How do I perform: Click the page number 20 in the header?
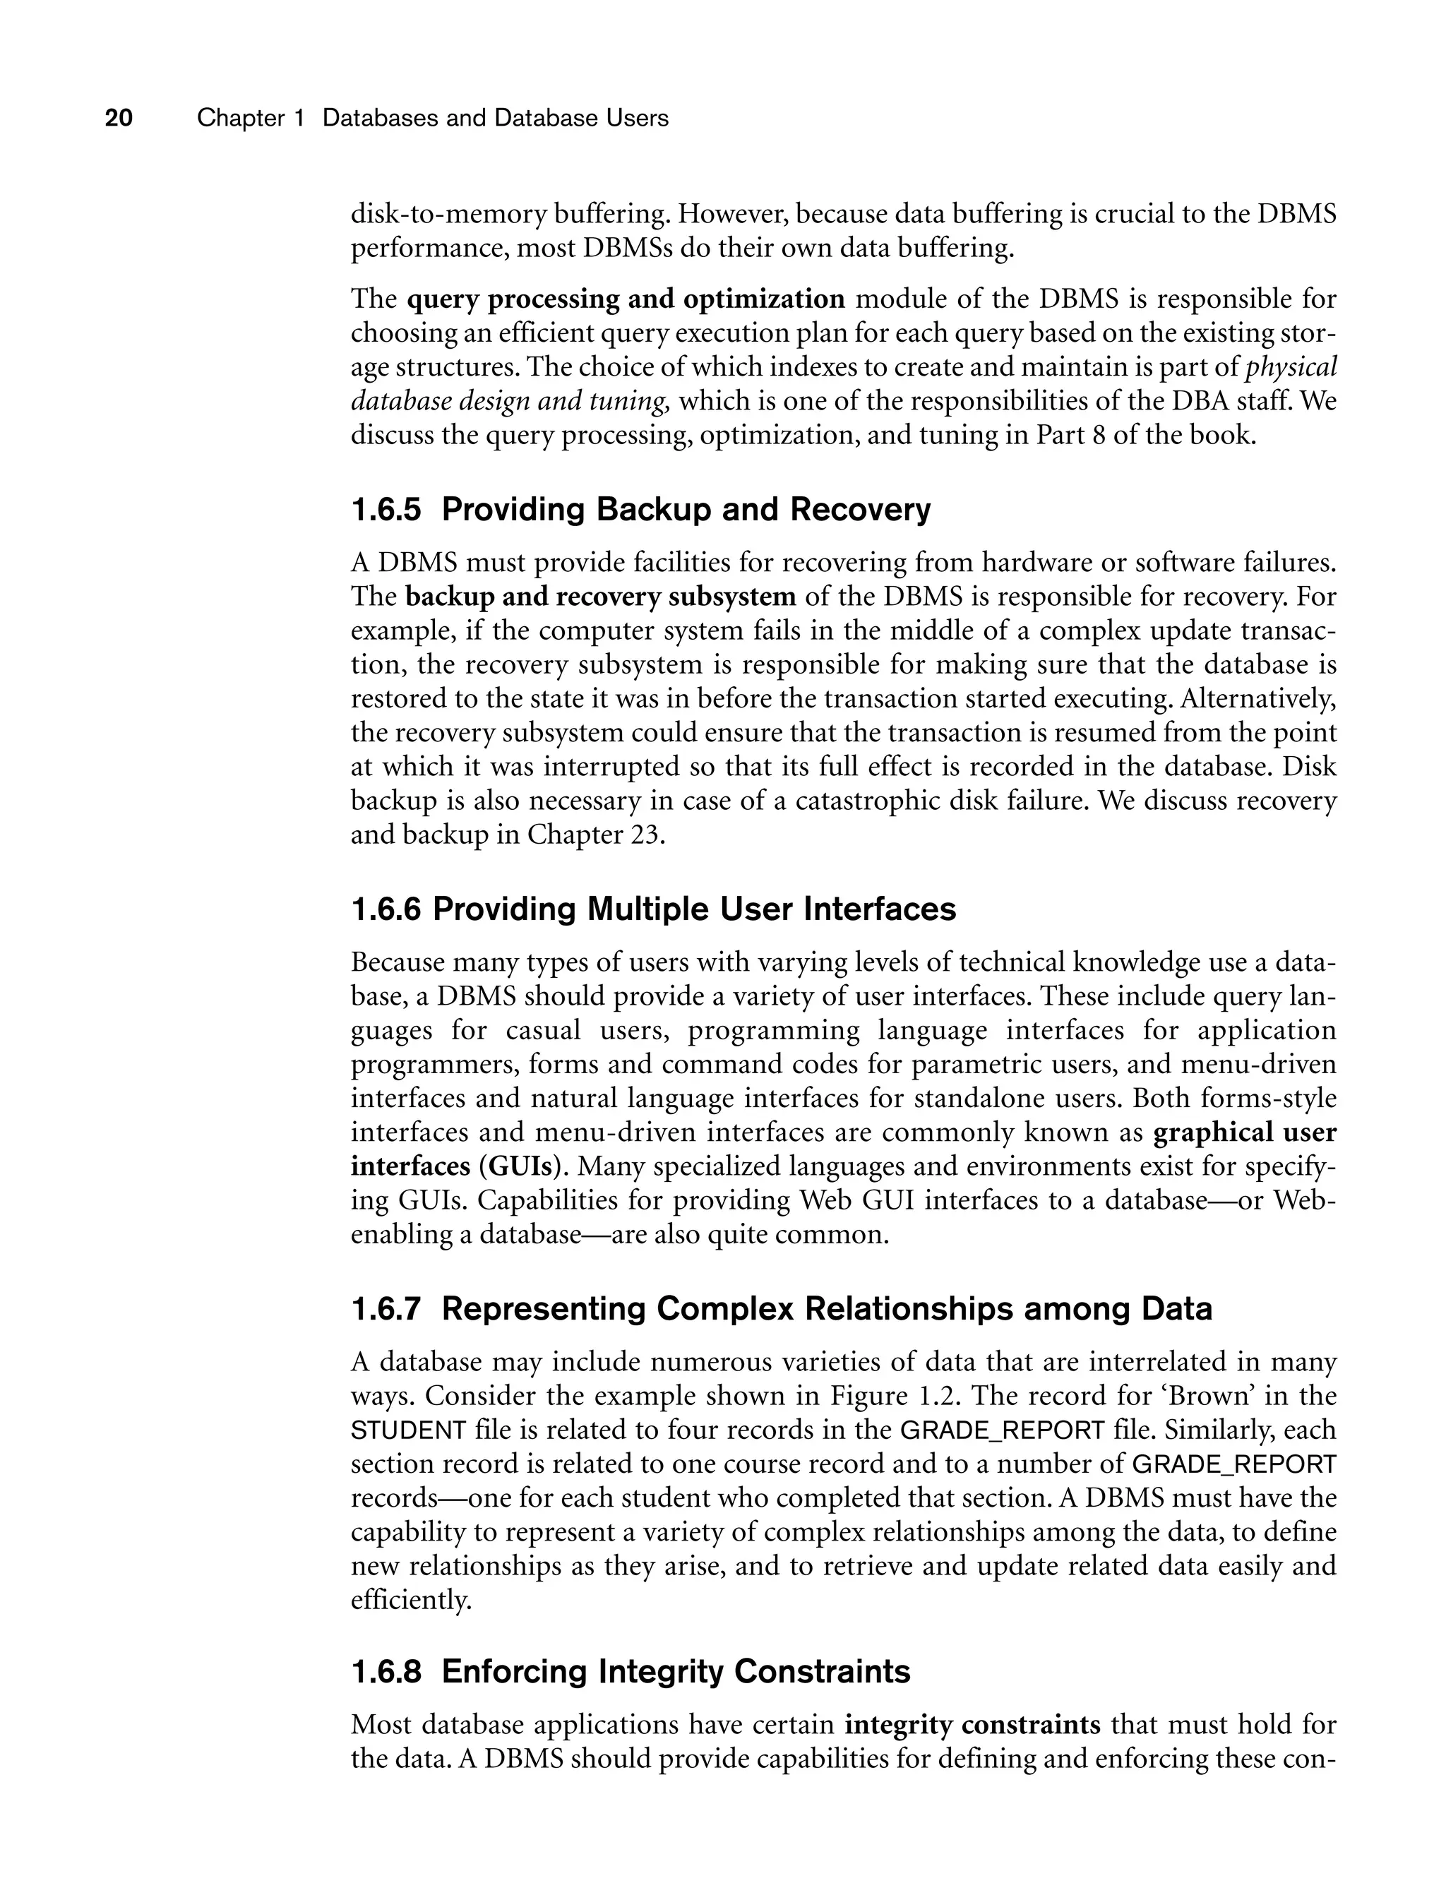[x=119, y=118]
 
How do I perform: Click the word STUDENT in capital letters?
[x=408, y=1431]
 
